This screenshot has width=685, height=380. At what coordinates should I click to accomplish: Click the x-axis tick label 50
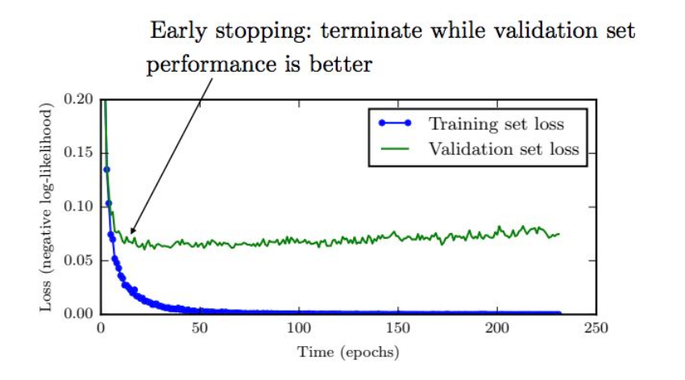[200, 329]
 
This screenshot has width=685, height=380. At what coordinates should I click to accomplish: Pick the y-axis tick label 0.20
[80, 99]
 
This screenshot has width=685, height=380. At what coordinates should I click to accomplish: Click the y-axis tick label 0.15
[80, 152]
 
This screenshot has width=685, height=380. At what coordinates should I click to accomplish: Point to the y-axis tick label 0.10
[80, 207]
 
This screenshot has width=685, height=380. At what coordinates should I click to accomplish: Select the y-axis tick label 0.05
[80, 261]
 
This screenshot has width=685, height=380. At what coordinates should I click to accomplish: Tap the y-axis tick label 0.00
[80, 314]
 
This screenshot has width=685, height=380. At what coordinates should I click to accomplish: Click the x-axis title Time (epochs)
[348, 353]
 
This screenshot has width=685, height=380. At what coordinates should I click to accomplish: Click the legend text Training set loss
[496, 124]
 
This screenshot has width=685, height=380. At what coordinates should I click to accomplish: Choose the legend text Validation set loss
[504, 148]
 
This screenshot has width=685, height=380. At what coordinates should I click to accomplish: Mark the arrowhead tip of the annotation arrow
[129, 235]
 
